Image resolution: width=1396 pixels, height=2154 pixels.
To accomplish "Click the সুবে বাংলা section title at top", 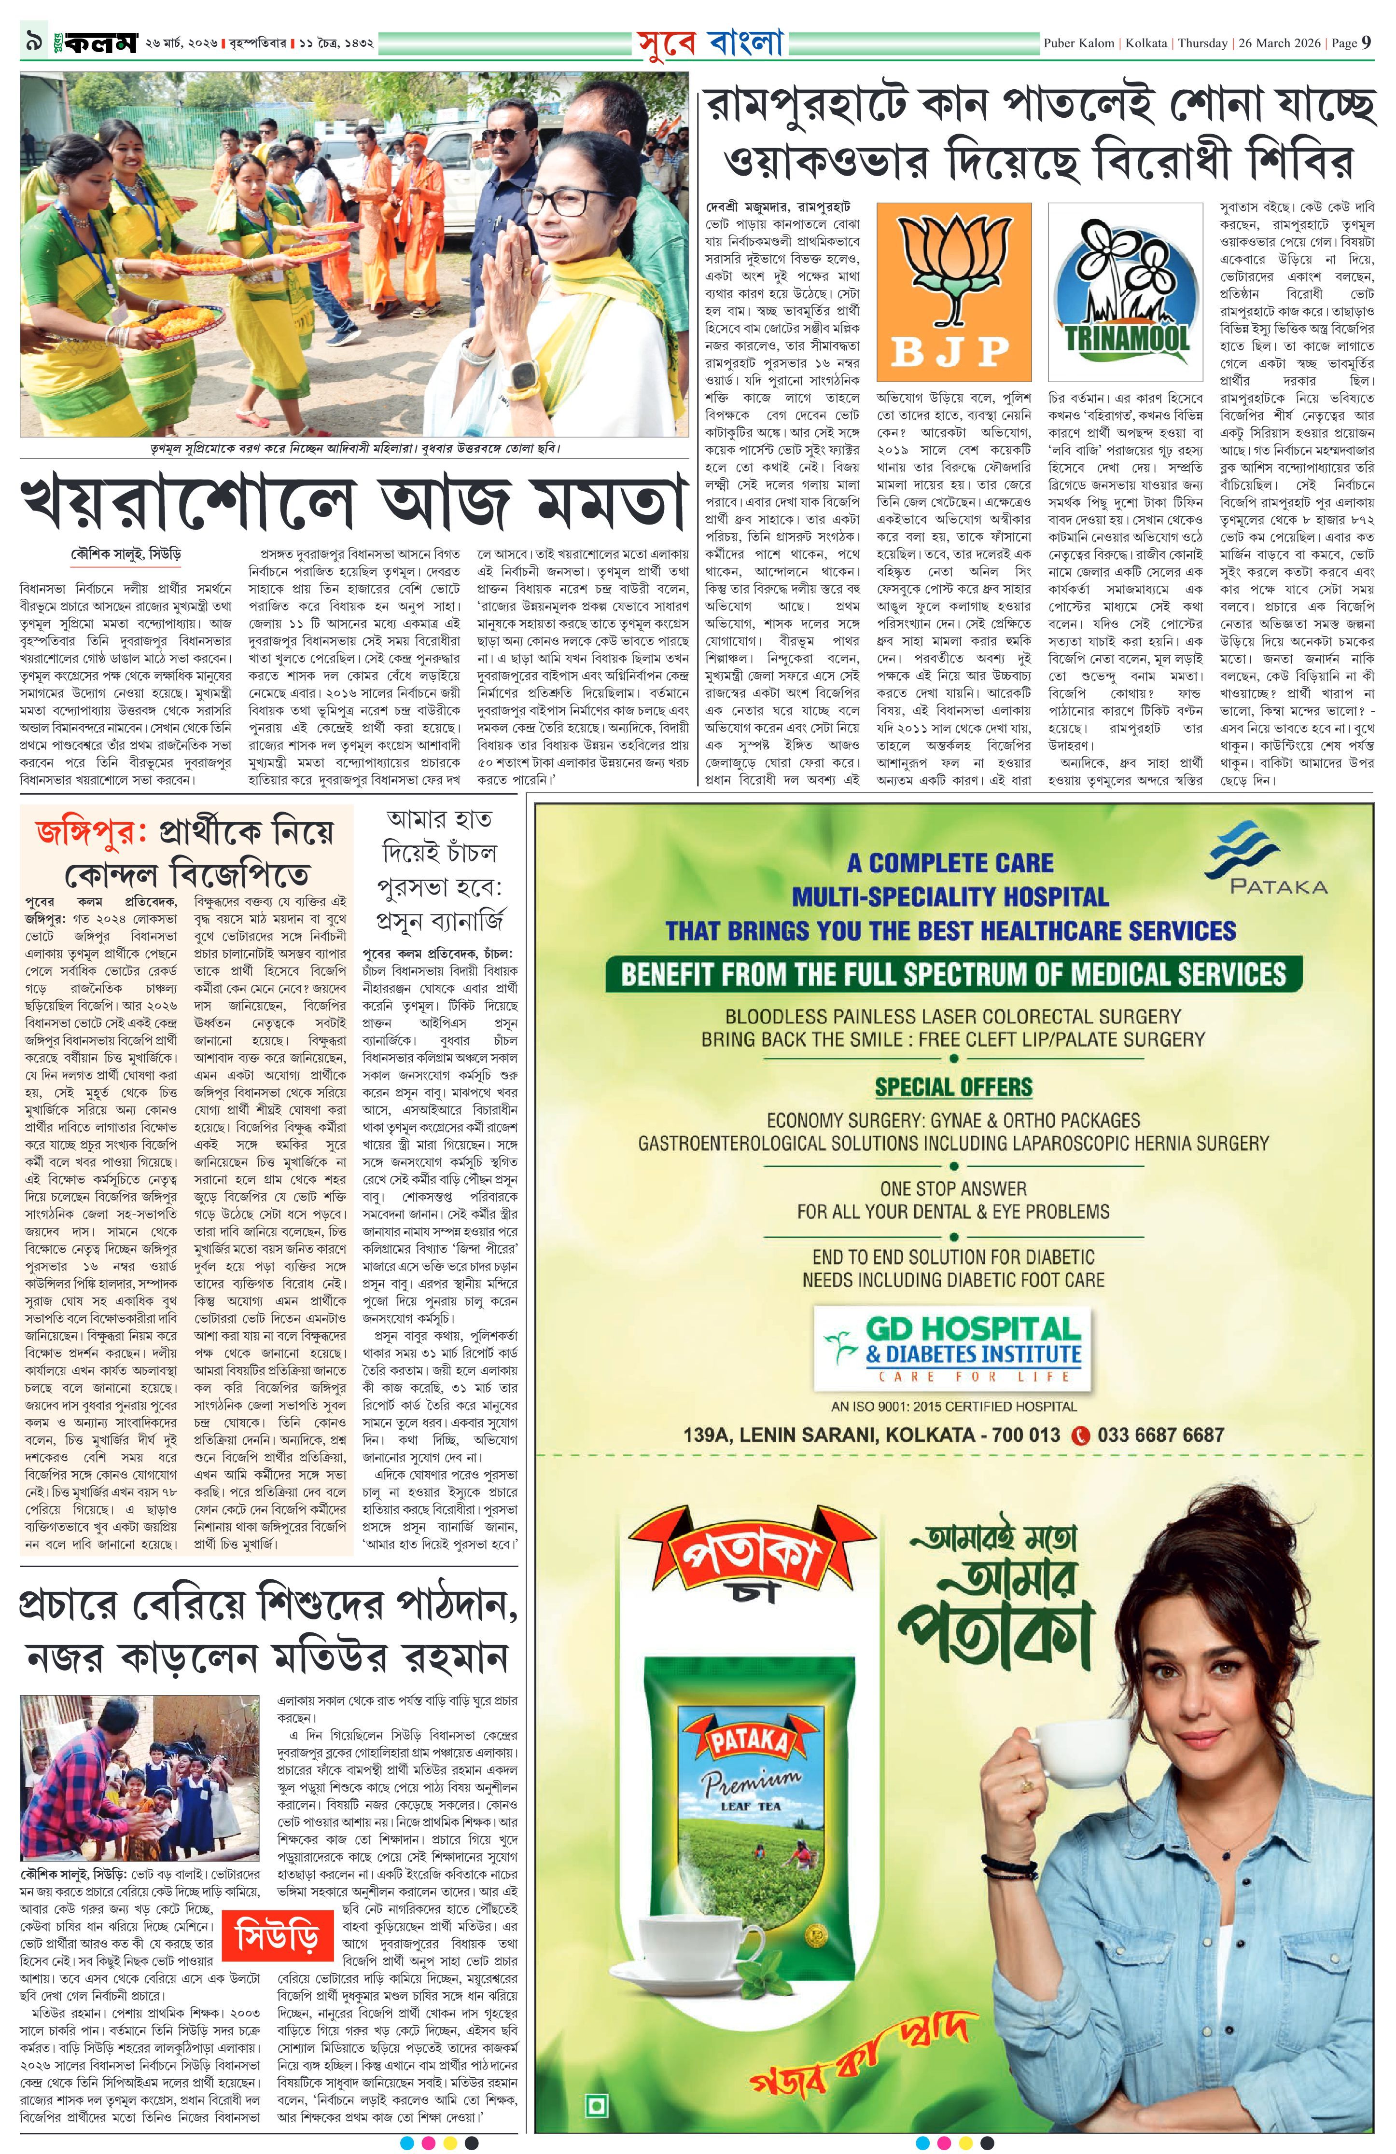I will point(709,41).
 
